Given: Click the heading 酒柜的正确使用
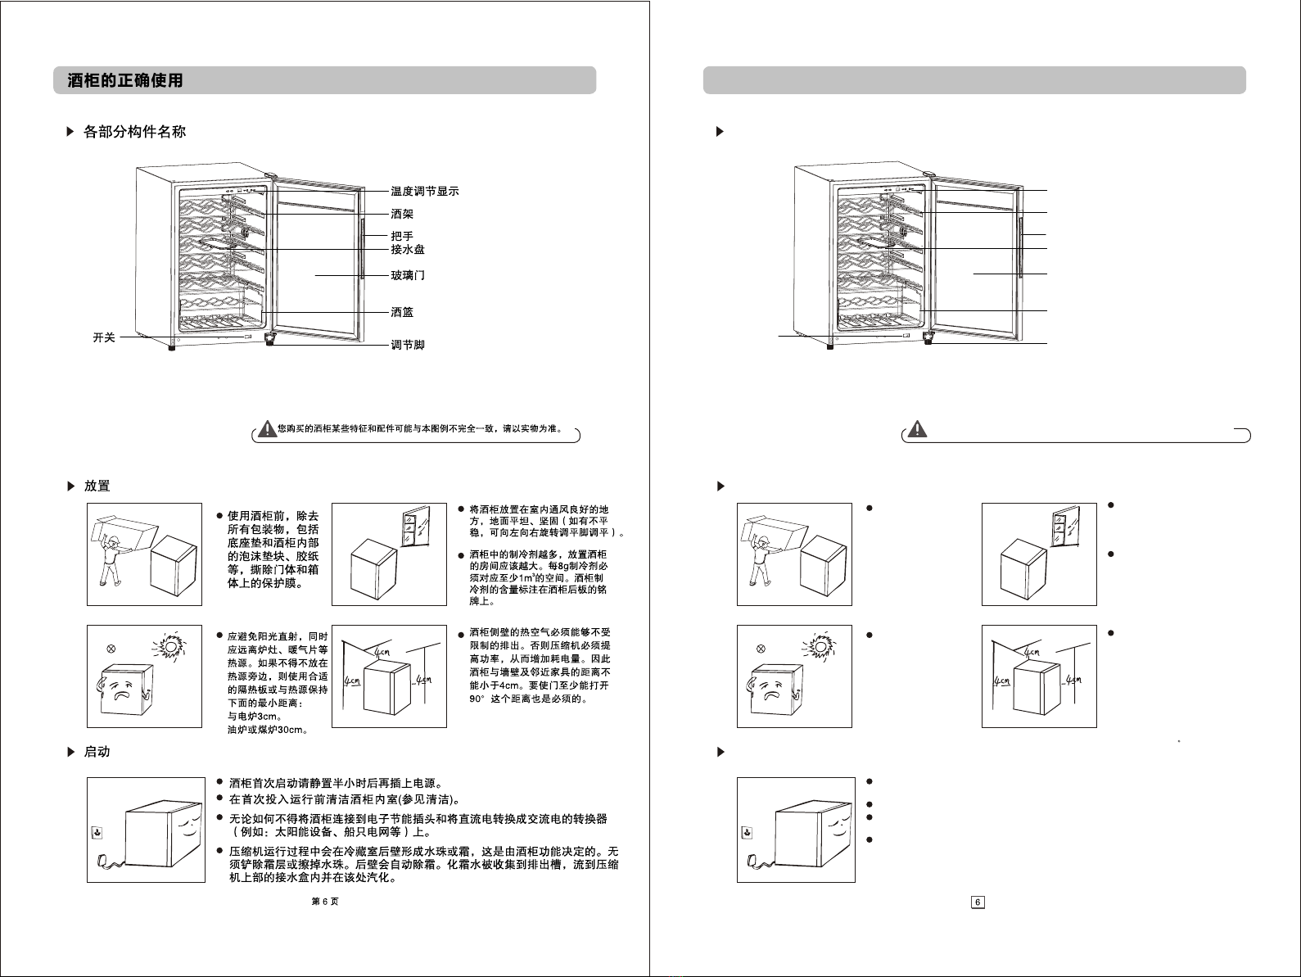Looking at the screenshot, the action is point(125,80).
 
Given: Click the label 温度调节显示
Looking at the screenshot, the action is point(424,192).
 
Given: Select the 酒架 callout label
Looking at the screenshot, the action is point(402,214).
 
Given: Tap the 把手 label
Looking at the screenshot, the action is point(402,236).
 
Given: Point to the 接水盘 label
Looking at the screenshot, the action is point(408,250).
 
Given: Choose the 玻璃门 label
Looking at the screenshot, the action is point(408,276).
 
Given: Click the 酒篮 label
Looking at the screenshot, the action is point(402,312).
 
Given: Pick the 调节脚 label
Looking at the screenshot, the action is point(408,345).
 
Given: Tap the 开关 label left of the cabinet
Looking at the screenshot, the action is point(104,337).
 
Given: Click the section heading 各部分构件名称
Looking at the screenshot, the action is point(134,132).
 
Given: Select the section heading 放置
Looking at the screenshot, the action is point(97,486).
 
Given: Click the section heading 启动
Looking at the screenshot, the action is point(97,752).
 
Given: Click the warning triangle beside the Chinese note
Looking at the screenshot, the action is point(267,428).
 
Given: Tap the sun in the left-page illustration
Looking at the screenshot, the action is point(170,645).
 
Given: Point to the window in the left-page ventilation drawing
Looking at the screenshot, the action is point(416,526).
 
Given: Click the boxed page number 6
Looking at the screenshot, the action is point(978,902).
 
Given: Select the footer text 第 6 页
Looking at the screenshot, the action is point(325,902).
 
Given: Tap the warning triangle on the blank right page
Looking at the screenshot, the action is point(918,428).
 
